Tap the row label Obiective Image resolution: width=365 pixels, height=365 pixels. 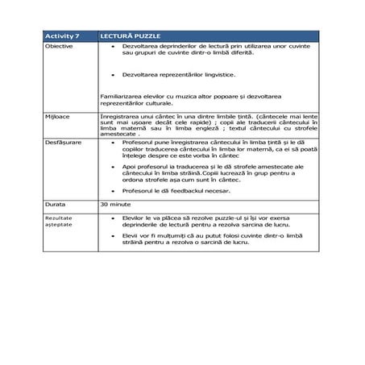[x=59, y=48]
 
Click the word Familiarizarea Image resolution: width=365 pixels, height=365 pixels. [x=121, y=96]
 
